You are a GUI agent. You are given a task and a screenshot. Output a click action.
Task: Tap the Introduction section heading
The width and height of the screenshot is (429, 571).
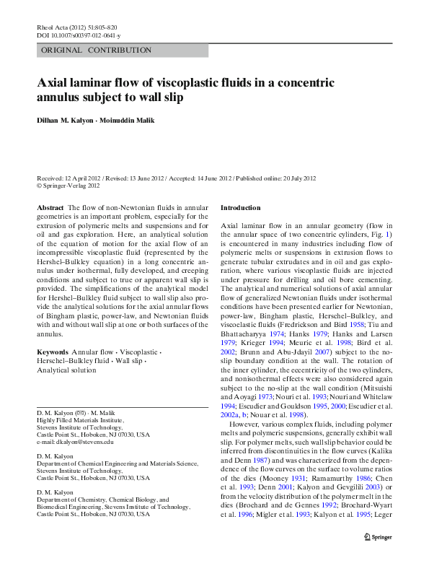point(241,208)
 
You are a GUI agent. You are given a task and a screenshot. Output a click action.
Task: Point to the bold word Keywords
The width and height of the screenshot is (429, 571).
point(52,352)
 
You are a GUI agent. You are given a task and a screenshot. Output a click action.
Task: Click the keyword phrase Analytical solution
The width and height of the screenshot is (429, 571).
point(66,370)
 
